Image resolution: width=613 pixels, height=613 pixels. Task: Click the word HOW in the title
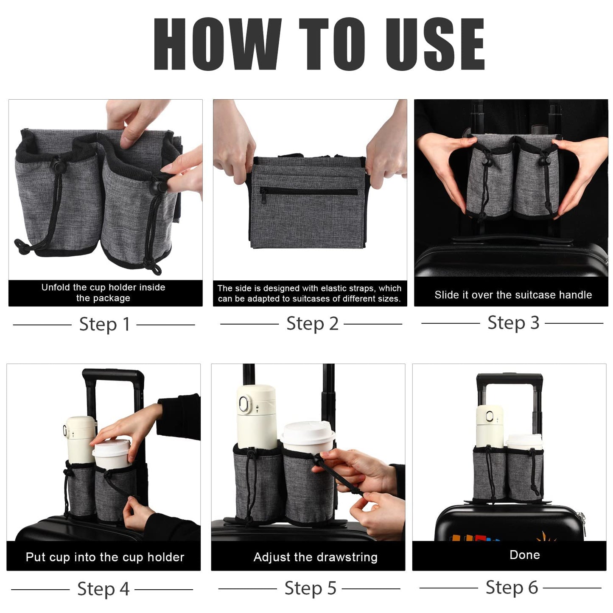click(216, 44)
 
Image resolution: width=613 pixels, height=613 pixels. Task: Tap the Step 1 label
click(104, 325)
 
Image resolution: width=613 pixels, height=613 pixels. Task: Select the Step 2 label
click(312, 324)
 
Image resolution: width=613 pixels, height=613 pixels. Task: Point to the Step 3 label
click(513, 323)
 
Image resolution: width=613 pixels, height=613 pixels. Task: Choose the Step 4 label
click(103, 589)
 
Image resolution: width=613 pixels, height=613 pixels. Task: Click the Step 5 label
click(310, 588)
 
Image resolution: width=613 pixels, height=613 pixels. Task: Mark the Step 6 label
click(512, 588)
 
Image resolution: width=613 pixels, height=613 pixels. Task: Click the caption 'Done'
click(525, 555)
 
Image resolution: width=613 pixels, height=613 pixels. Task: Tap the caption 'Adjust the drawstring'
click(315, 557)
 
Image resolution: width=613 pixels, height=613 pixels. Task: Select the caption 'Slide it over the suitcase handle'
click(513, 295)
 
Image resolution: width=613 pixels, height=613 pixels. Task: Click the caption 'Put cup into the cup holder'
click(105, 557)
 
